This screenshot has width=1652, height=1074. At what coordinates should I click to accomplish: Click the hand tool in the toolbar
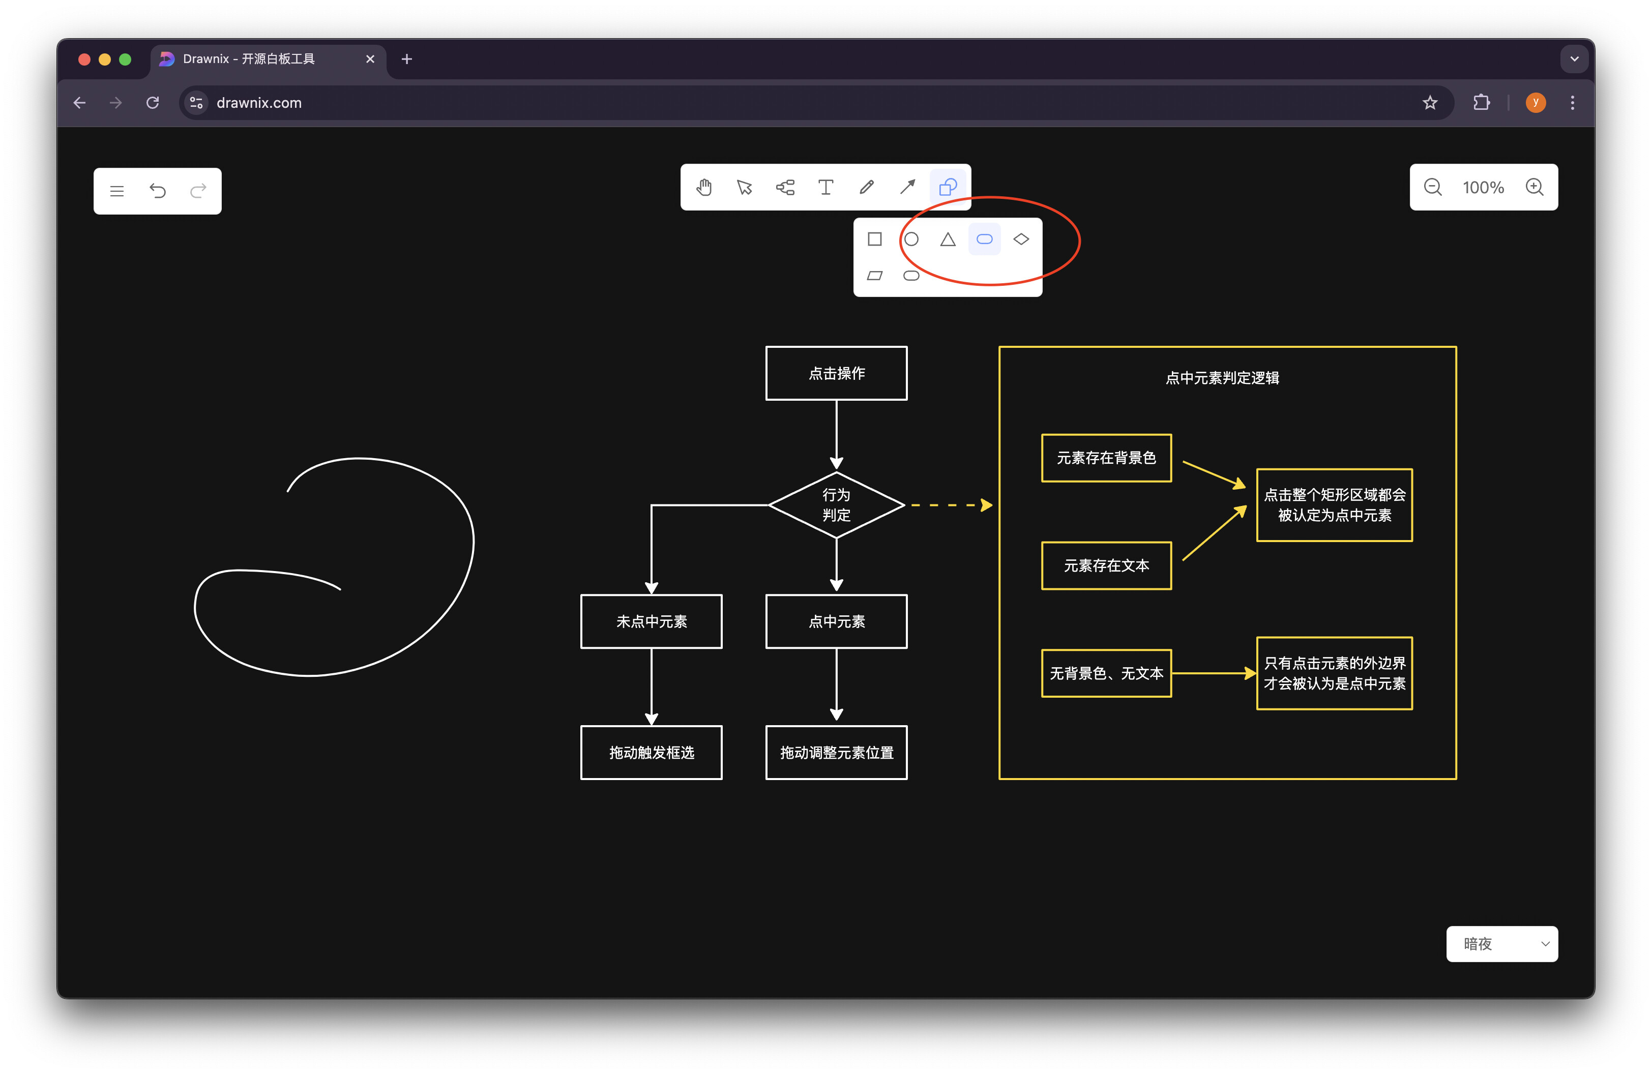(x=704, y=187)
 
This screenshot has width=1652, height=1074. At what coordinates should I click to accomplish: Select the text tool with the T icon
(x=825, y=187)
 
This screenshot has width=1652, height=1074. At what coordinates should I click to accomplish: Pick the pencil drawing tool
(x=866, y=187)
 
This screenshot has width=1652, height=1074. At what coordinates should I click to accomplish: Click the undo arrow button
(x=158, y=191)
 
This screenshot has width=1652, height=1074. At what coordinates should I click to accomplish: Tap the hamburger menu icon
(x=116, y=191)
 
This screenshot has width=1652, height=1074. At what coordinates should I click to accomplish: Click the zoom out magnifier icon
(x=1433, y=187)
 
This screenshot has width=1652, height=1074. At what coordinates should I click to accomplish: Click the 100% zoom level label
(x=1483, y=187)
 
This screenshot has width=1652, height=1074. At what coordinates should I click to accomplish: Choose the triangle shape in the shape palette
(x=948, y=240)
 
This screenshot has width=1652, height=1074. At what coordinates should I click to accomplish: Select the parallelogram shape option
(x=875, y=276)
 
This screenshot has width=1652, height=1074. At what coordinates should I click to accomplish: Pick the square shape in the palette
(x=875, y=240)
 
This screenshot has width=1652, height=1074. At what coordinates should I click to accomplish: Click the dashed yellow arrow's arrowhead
(x=986, y=505)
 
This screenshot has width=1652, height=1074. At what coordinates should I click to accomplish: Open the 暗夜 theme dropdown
(x=1502, y=944)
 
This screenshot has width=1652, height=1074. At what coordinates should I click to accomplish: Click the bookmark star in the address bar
(x=1430, y=103)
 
